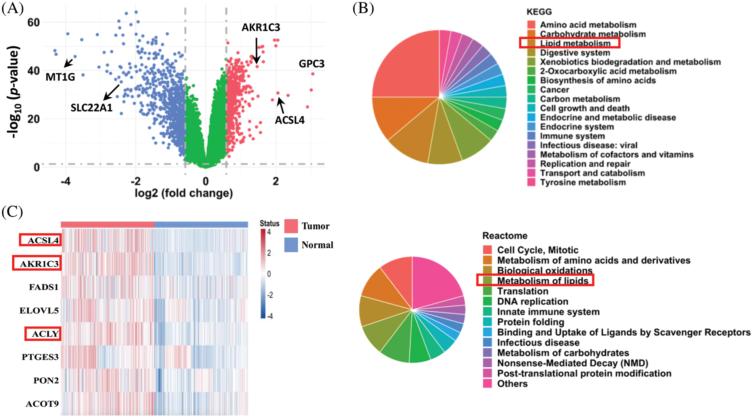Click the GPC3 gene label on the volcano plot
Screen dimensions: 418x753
coord(312,64)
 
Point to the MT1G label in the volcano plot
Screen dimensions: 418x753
coord(60,77)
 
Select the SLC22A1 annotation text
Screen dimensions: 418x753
coord(92,108)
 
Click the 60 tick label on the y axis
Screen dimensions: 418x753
coord(34,23)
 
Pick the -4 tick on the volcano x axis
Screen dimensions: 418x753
coord(65,181)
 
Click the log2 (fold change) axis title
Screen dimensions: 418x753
coord(183,193)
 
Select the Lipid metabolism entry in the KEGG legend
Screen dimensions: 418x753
coord(575,43)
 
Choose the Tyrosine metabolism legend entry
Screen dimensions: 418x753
coord(583,182)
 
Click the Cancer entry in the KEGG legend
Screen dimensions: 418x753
coord(554,90)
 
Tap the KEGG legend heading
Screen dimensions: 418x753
coord(539,12)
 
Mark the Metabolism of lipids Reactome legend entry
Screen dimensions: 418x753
coord(543,281)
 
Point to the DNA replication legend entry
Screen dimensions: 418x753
coord(532,302)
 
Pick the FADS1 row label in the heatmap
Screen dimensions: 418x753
coord(44,287)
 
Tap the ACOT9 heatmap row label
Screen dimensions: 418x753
coord(42,404)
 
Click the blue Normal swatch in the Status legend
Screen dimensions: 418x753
coord(291,245)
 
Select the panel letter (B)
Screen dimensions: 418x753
coord(363,9)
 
